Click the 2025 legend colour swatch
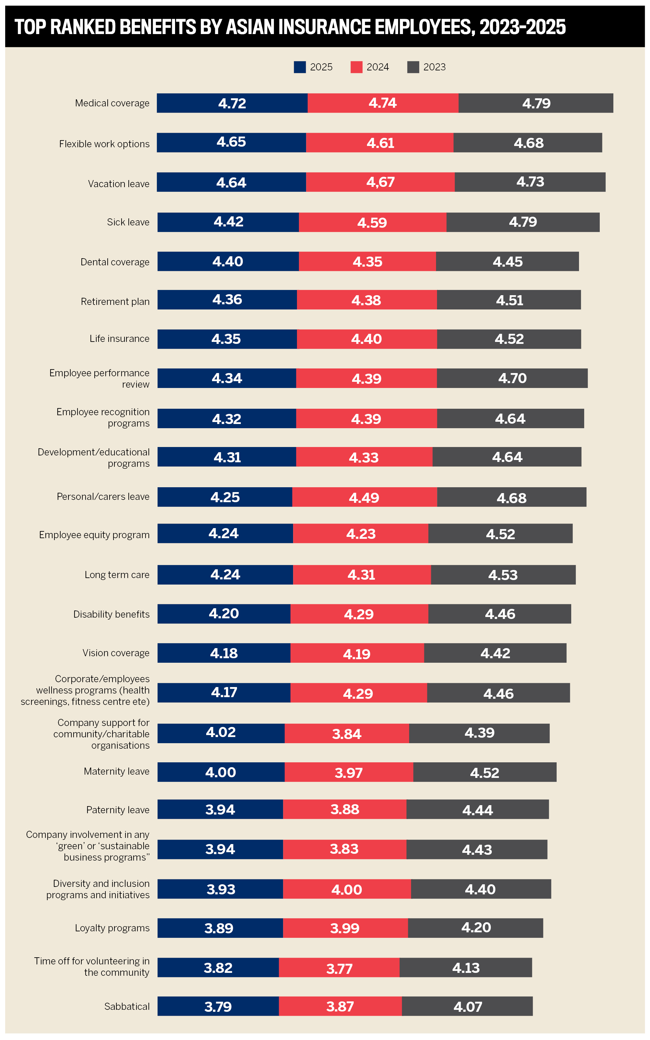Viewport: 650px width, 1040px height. pos(300,67)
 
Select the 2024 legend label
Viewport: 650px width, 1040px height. pos(377,67)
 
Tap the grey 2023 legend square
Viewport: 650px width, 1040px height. pos(413,67)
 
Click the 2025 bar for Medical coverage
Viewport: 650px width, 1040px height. pos(232,103)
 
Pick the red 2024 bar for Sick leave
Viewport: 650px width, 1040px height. pos(372,222)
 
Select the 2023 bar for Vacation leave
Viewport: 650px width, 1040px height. pos(530,182)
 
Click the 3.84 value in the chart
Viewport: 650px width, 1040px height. pos(347,733)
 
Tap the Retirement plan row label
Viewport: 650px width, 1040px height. pos(115,301)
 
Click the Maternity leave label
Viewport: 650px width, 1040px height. pos(116,771)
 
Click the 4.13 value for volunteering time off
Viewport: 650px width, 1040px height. pos(466,967)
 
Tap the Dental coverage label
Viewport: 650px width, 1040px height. pos(115,262)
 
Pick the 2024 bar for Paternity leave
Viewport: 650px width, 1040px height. pos(344,809)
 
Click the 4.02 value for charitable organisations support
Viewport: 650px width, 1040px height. pos(220,732)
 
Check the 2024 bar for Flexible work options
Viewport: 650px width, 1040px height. pos(380,143)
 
